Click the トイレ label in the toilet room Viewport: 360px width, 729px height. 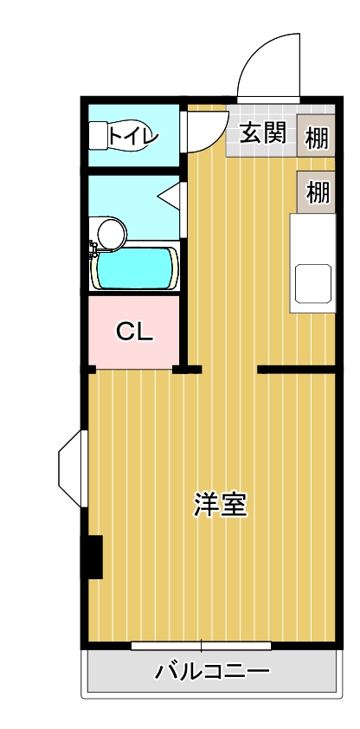tap(133, 136)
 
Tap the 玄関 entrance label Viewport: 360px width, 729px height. tap(262, 134)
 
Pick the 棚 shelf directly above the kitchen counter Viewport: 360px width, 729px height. tap(318, 192)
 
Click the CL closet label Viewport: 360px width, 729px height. tap(134, 332)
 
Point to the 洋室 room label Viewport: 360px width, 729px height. tap(220, 504)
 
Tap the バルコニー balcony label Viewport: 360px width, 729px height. tap(212, 672)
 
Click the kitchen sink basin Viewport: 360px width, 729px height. tap(313, 284)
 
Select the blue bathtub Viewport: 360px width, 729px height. tap(134, 268)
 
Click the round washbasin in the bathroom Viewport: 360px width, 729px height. tap(112, 232)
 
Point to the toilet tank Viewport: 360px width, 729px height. tap(98, 136)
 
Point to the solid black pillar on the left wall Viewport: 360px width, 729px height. tap(92, 557)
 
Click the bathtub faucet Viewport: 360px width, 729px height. tap(93, 248)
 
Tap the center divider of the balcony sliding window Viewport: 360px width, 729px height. tap(201, 646)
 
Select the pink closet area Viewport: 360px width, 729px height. tap(134, 332)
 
